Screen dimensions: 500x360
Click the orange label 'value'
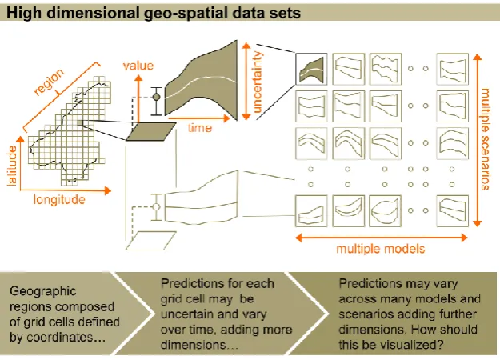point(138,66)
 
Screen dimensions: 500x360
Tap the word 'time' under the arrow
point(200,128)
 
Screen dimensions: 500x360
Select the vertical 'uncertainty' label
point(257,82)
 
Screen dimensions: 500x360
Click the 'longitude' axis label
point(59,200)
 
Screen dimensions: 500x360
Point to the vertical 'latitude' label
point(12,166)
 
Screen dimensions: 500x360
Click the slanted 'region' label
point(50,82)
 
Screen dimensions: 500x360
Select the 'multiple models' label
point(381,248)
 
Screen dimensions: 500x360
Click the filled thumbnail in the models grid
point(311,69)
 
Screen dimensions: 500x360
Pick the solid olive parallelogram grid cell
point(151,131)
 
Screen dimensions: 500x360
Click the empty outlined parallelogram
point(151,241)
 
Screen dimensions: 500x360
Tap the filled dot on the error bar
point(156,97)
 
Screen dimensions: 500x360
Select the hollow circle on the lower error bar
point(156,207)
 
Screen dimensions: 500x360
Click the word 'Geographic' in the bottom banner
point(43,291)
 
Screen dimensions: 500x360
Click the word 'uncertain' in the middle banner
point(186,314)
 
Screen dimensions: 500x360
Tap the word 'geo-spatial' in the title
point(186,13)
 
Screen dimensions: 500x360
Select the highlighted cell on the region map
point(80,122)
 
